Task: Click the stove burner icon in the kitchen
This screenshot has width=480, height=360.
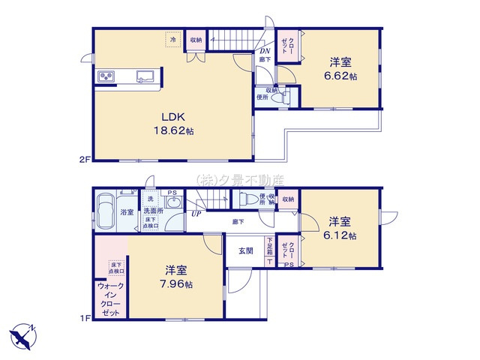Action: point(104,76)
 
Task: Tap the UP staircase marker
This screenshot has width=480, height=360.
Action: point(196,214)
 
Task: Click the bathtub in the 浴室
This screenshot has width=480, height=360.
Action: point(105,206)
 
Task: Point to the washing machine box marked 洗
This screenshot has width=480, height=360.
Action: point(151,199)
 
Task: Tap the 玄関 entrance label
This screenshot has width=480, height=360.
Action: point(245,250)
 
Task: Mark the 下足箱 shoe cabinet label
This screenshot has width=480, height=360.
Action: point(269,244)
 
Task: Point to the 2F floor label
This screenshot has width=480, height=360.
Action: point(84,160)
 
